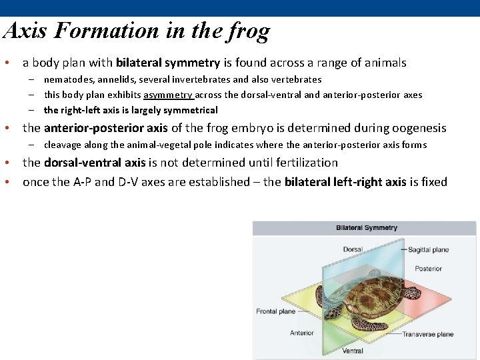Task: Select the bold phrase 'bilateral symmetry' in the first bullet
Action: [x=168, y=63]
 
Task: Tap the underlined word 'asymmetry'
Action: [x=168, y=95]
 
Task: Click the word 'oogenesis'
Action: [x=417, y=128]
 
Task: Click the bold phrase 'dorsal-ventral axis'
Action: [x=95, y=163]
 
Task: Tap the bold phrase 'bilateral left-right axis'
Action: [x=345, y=182]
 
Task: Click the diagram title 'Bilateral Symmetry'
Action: [x=366, y=228]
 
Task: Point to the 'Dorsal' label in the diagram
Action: [x=353, y=250]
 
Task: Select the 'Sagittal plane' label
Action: [x=428, y=250]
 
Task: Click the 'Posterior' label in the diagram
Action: [x=428, y=269]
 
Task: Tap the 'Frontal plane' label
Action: [x=275, y=311]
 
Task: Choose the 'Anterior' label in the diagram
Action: [x=301, y=333]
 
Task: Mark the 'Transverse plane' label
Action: [x=427, y=335]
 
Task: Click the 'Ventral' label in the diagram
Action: [x=353, y=351]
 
